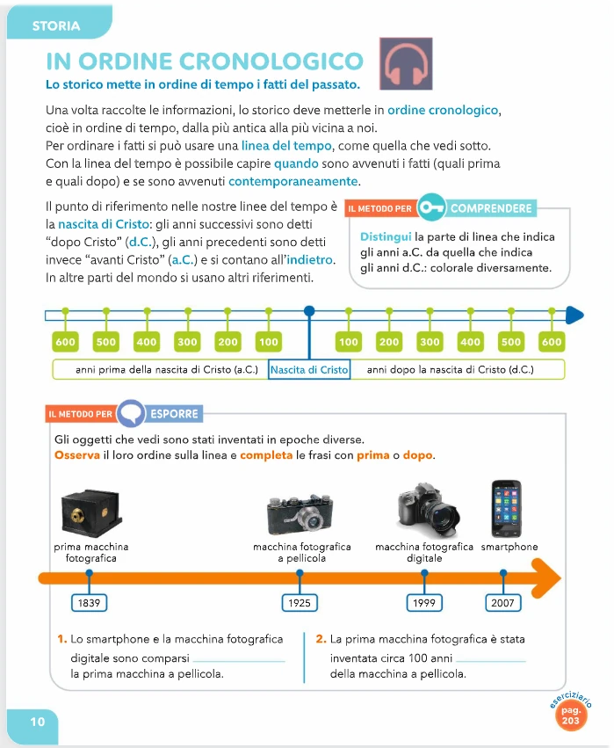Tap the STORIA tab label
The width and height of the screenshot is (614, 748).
coord(55,25)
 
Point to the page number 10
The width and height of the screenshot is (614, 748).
coord(38,722)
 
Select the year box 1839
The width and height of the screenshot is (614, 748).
coord(88,603)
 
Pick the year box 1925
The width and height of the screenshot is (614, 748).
coord(300,603)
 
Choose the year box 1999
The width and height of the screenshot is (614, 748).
coord(425,603)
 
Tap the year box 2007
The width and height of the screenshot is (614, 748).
coord(503,603)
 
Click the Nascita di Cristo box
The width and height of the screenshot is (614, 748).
coord(309,370)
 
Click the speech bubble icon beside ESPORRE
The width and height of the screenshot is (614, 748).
coord(131,413)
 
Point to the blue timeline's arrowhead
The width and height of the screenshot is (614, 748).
coord(574,314)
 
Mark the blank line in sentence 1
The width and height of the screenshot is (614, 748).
coord(238,660)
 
